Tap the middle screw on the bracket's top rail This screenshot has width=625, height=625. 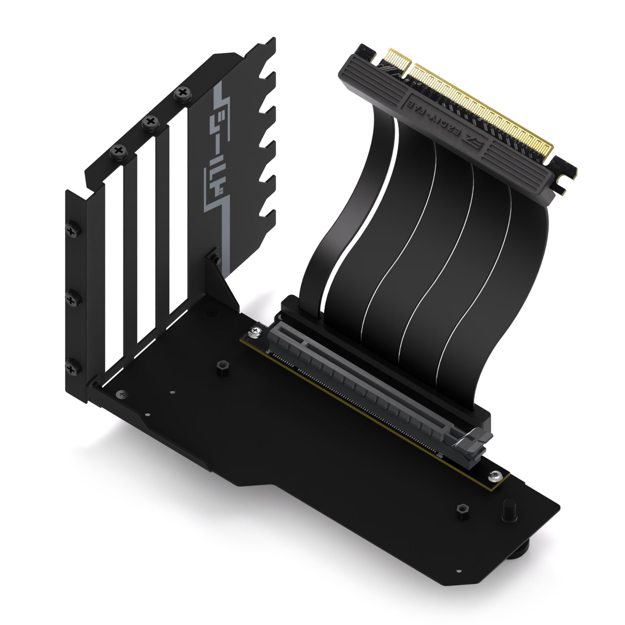150,122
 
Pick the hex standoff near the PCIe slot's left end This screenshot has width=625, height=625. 222,366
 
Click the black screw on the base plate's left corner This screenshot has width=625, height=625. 122,394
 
